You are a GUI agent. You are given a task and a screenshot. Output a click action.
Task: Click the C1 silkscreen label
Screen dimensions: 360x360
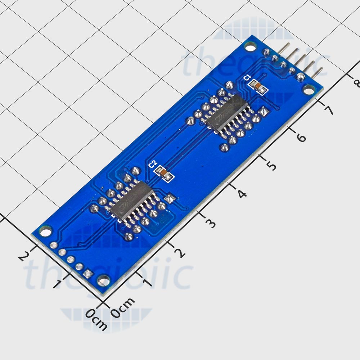coord(247,77)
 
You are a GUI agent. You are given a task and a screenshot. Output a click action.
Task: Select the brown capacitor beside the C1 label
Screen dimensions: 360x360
coord(258,86)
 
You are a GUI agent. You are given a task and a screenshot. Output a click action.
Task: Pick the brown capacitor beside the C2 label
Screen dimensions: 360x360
coord(164,174)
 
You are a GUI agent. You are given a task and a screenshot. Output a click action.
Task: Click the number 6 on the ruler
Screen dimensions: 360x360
coord(301,137)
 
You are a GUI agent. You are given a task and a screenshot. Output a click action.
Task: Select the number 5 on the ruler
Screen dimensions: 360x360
coord(271,166)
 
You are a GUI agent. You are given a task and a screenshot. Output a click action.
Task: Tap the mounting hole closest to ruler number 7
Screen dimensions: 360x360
coord(308,88)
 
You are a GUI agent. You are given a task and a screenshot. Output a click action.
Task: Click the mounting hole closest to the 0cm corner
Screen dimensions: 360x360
coord(104,279)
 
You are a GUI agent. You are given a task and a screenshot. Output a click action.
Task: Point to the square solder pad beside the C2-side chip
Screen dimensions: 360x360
coord(169,197)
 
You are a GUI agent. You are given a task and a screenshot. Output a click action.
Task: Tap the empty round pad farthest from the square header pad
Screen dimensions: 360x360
coord(54,246)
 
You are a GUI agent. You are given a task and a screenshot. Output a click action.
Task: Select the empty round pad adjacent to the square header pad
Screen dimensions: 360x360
coord(79,267)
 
